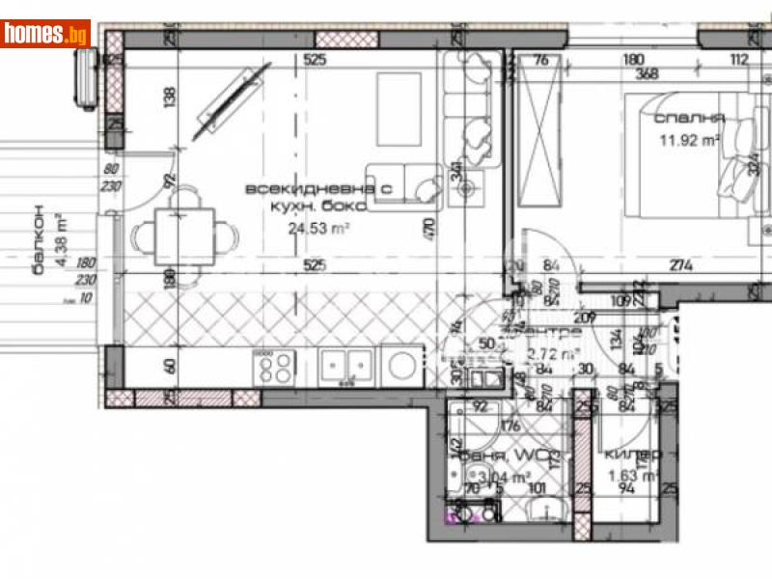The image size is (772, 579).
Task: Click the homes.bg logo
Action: click(x=45, y=34)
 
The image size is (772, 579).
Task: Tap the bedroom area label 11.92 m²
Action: click(x=691, y=140)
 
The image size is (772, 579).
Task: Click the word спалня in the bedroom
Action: click(x=689, y=119)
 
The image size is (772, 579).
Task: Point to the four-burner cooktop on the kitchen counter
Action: click(x=274, y=367)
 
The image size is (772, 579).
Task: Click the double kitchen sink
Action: click(x=345, y=367)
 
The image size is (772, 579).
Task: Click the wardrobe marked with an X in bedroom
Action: click(x=540, y=138)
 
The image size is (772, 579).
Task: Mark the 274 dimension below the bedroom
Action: click(x=681, y=266)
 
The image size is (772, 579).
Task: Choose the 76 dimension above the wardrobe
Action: click(x=541, y=60)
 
